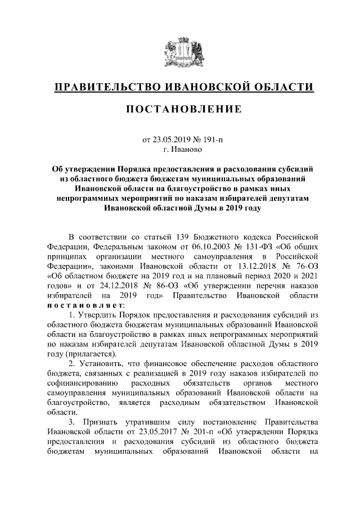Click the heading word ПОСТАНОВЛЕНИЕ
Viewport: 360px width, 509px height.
pos(179,109)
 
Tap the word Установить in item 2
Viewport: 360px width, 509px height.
pos(101,366)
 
